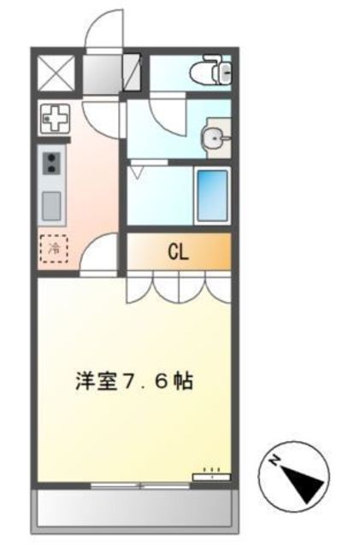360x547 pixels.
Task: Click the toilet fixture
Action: (210, 71)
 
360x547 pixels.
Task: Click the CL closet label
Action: (178, 252)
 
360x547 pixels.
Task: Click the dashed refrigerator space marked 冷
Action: (51, 249)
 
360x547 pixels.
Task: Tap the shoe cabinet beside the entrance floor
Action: (133, 72)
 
